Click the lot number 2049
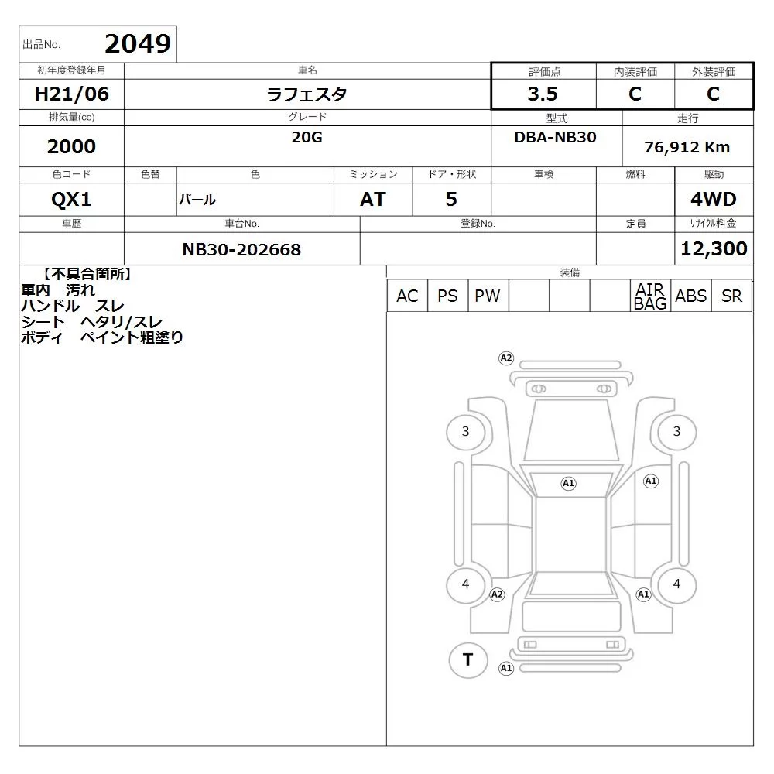point(138,43)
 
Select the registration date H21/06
point(71,94)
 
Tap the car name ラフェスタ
point(307,94)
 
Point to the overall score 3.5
point(543,94)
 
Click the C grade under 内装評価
point(635,94)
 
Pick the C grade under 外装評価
point(713,94)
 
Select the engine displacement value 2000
point(71,146)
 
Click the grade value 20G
point(307,137)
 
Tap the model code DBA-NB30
point(555,137)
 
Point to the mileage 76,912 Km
point(687,146)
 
